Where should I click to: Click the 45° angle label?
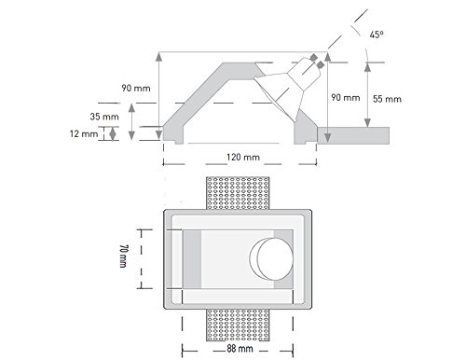pos(377,35)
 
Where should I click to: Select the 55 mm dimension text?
pos(387,99)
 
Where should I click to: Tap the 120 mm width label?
pos(243,157)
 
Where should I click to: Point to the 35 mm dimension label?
pos(104,117)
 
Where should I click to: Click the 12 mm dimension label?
pos(84,133)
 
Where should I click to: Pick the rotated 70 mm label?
pos(123,256)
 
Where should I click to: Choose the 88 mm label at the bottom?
pos(240,349)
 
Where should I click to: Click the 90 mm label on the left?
pos(136,88)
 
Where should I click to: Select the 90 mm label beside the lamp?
pos(346,97)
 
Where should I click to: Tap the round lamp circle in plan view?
pos(275,258)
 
